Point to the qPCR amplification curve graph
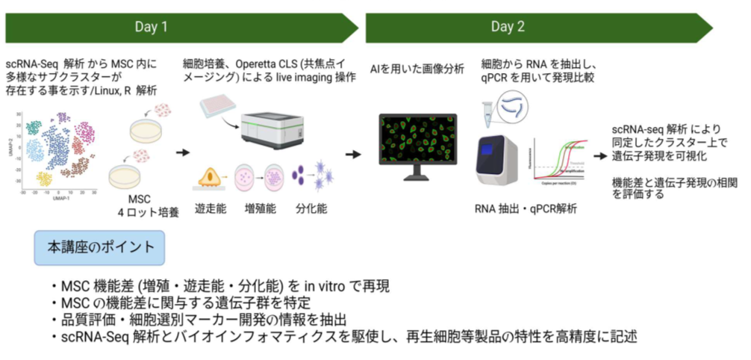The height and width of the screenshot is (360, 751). pyautogui.click(x=558, y=160)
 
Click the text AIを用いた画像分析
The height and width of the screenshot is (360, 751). pyautogui.click(x=417, y=69)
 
